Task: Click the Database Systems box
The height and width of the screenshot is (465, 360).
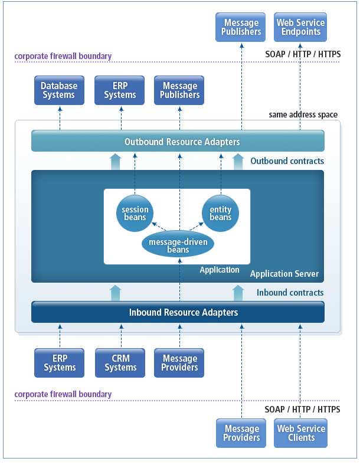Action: click(59, 90)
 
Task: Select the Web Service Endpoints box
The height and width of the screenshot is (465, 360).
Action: click(300, 28)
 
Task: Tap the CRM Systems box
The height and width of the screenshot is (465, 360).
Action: click(120, 363)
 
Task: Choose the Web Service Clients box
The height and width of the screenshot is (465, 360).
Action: click(302, 433)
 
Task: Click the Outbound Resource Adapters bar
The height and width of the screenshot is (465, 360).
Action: click(178, 142)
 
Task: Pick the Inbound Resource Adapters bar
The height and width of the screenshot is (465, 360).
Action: click(178, 312)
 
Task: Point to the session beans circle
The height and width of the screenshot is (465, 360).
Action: click(135, 213)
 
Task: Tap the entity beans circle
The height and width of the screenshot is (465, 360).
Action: click(220, 213)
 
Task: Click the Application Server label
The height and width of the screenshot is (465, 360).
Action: click(284, 274)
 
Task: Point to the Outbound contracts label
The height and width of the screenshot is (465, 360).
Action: click(287, 161)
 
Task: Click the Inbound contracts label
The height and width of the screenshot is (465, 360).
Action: click(290, 293)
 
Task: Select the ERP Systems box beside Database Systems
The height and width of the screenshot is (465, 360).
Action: click(120, 90)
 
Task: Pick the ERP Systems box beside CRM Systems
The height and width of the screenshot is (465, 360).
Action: click(60, 363)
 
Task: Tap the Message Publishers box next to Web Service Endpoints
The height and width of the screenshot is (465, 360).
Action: click(241, 28)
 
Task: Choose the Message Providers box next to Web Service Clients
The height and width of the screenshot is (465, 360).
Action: click(241, 433)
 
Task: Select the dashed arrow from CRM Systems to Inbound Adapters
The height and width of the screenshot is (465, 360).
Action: click(120, 335)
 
